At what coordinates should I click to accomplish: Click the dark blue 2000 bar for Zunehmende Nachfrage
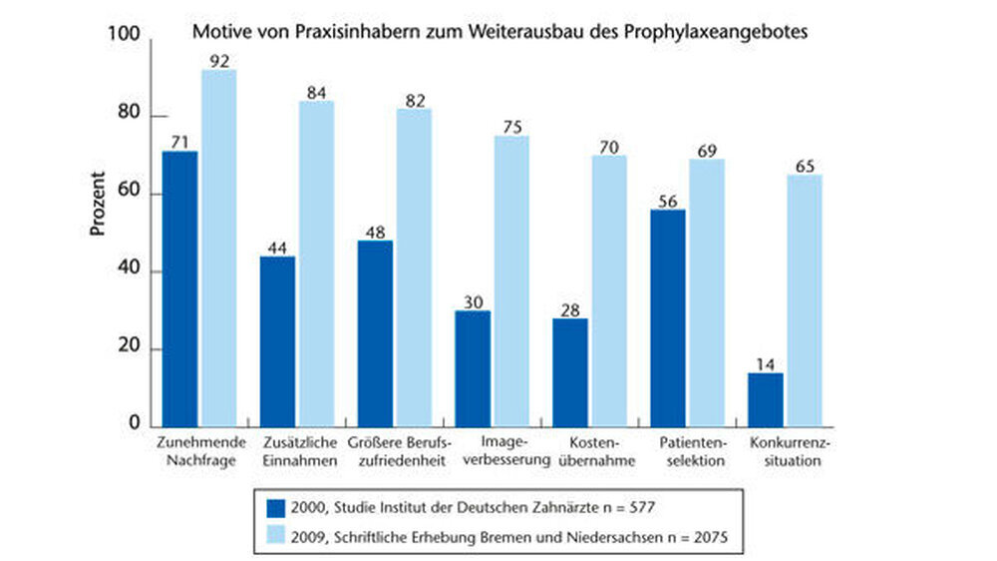180,288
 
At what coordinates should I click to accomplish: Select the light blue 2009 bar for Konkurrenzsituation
805,300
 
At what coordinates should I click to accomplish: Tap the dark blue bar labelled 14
766,399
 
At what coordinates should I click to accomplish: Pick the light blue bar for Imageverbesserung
511,280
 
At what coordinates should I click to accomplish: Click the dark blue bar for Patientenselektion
668,317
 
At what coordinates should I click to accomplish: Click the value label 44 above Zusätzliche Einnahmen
277,248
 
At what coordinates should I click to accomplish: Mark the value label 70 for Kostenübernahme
610,147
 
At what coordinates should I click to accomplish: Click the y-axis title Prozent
98,204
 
